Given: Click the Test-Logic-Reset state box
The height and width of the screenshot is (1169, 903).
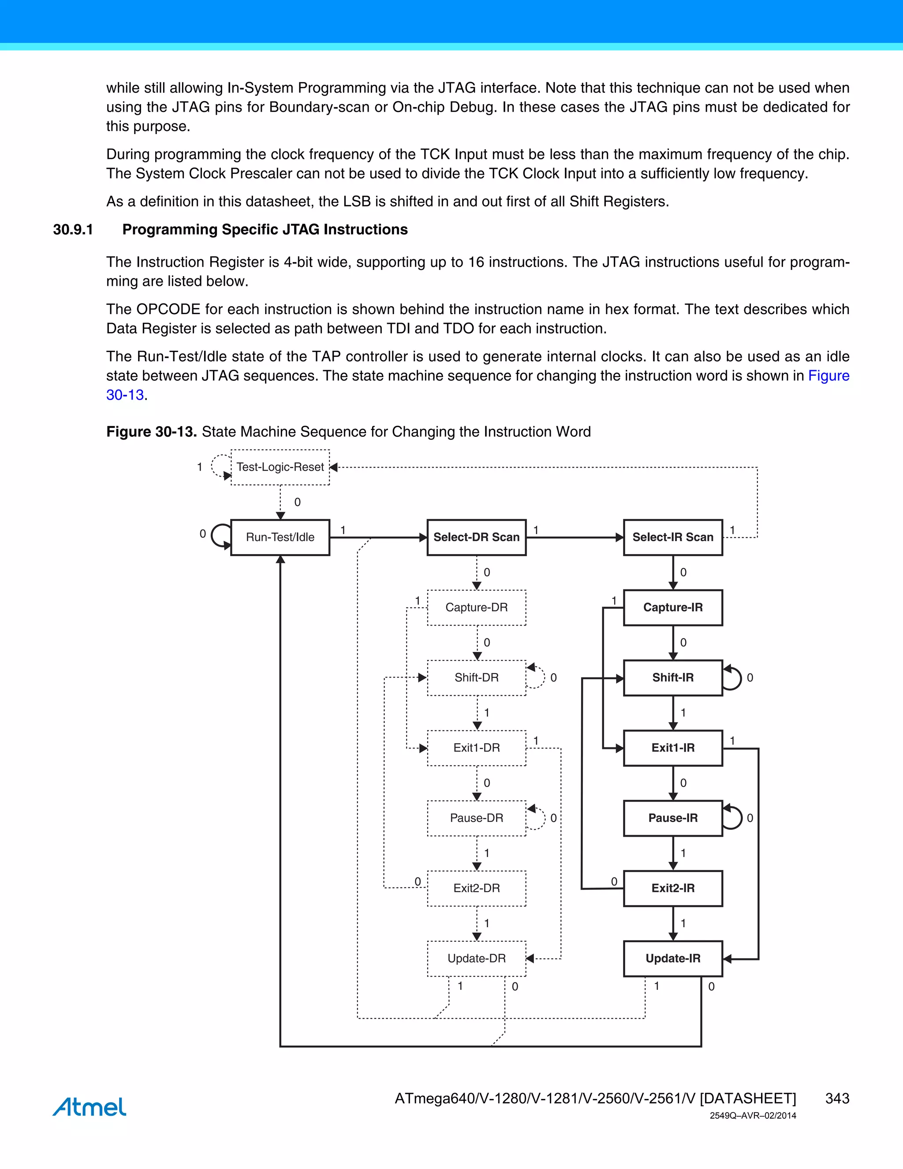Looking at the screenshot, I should coord(280,467).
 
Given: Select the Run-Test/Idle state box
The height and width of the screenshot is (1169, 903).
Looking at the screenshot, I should coord(280,537).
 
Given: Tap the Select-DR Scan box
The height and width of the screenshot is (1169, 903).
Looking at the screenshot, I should coord(476,537).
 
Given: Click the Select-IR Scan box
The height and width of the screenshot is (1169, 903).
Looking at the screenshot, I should coord(672,537).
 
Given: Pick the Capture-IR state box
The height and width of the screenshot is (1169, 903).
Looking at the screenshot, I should coord(672,607).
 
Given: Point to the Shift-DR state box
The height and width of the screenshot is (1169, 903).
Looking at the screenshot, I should coord(476,678).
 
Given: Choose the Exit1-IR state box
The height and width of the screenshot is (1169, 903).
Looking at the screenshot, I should coord(672,748).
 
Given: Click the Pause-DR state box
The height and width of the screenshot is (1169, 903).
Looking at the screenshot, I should coord(476,818).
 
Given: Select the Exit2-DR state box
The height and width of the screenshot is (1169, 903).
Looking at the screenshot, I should coord(476,888).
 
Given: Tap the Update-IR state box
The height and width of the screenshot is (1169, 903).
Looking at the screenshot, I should coord(672,958).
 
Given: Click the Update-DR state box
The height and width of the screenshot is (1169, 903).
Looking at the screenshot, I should coord(476,958).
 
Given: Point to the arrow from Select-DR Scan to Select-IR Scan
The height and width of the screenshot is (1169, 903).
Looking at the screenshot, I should coord(575,537).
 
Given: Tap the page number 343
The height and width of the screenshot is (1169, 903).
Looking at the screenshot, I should coord(837,1098).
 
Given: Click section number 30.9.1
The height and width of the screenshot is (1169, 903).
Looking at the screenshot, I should coord(73,230).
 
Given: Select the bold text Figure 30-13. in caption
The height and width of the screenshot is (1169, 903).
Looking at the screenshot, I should coord(151,431).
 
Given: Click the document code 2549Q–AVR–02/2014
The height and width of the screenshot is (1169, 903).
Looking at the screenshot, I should coord(752,1116).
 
